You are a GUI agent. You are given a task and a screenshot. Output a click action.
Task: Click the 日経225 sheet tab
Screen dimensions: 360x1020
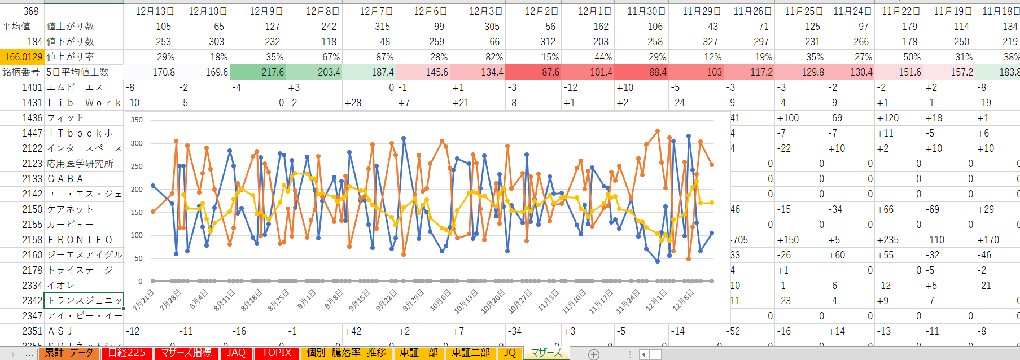[x=127, y=353]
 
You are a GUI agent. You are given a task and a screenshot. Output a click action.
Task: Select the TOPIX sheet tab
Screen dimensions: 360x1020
[x=276, y=353]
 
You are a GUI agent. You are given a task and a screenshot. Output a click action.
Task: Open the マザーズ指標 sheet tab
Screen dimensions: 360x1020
[x=186, y=353]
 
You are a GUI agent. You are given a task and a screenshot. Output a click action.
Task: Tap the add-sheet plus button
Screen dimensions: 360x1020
[x=593, y=354]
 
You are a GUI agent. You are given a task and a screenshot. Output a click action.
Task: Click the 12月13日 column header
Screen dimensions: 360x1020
[x=154, y=11]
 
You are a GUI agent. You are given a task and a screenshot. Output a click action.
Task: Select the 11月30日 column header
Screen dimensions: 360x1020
[x=646, y=11]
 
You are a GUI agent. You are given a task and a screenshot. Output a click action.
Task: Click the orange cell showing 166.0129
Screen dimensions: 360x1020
[x=23, y=57]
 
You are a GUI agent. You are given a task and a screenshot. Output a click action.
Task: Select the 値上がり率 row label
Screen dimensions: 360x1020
[x=71, y=57]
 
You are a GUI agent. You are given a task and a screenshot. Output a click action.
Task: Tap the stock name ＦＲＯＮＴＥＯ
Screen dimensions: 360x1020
[x=80, y=240]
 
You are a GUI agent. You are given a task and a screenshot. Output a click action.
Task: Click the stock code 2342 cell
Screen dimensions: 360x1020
[x=32, y=301]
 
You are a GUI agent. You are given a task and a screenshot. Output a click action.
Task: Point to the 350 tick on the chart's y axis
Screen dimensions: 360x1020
[x=137, y=120]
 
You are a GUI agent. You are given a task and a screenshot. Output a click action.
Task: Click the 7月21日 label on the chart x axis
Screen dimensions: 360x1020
[x=143, y=300]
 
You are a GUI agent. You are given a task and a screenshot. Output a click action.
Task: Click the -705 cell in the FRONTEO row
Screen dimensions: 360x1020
[x=739, y=240]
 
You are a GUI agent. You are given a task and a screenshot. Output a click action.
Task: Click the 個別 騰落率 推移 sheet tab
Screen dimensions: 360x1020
[x=346, y=353]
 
